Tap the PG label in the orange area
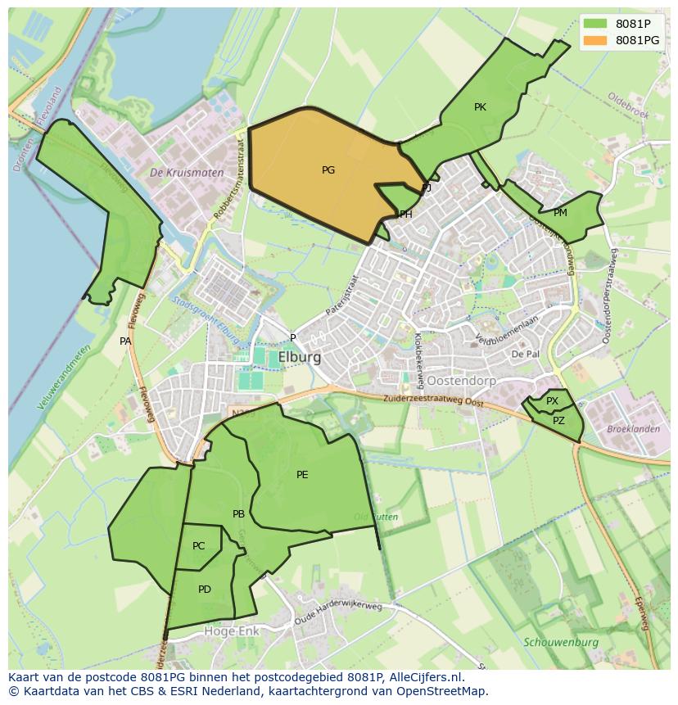click(x=328, y=170)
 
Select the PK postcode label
click(x=480, y=107)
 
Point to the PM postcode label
click(x=560, y=213)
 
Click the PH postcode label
click(x=405, y=215)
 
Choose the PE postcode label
click(x=302, y=474)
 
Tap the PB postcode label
click(x=238, y=514)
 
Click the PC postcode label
click(x=199, y=546)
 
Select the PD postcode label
click(x=205, y=589)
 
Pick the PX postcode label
click(x=552, y=401)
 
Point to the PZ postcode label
click(x=558, y=421)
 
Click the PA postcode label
click(x=125, y=341)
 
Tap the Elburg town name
click(x=300, y=357)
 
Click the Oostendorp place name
click(x=438, y=381)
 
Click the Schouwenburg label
click(x=561, y=643)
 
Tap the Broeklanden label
click(x=633, y=429)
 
